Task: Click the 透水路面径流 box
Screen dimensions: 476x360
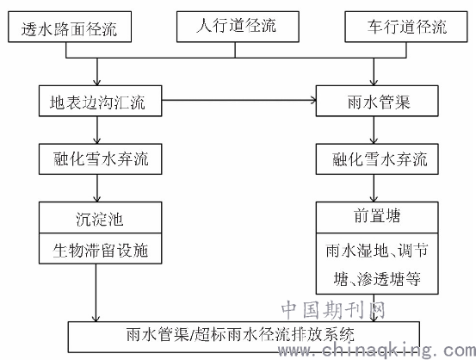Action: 70,27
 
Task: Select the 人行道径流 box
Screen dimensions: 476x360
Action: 238,27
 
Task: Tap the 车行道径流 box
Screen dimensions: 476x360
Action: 406,27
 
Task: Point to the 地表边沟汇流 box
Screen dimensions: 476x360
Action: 100,101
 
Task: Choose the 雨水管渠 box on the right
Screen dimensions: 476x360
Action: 377,101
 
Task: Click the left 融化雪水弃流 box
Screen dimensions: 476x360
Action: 100,158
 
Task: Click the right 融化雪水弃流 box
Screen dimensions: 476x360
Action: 377,158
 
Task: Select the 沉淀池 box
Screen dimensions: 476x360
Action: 100,218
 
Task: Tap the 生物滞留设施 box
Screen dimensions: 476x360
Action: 100,248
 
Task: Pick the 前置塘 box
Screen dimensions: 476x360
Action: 377,218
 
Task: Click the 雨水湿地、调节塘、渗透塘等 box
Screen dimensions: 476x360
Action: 377,264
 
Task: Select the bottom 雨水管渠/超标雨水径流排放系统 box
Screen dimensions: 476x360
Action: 244,337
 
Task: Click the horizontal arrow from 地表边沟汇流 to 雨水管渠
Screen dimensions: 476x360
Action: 239,100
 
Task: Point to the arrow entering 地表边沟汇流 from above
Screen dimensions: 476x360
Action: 97,71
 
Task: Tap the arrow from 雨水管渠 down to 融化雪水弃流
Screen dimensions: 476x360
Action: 374,130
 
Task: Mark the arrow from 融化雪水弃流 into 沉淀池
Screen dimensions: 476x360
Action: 97,189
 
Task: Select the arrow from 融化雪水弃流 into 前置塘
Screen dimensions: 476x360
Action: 374,189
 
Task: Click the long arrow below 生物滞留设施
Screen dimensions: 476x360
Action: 96,293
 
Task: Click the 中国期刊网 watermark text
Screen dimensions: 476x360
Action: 333,310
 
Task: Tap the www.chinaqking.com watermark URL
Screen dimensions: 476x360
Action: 377,350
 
